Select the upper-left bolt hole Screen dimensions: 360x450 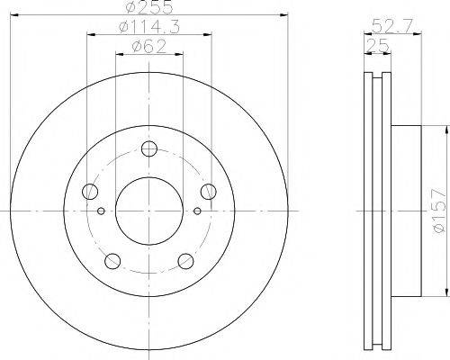click(89, 191)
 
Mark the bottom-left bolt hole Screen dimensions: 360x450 click(112, 261)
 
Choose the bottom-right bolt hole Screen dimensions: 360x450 click(185, 261)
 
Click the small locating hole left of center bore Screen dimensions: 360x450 click(101, 212)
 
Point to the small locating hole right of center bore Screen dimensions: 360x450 click(197, 212)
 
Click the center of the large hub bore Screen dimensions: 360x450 click(148, 209)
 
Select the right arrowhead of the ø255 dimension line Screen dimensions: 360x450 click(283, 16)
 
